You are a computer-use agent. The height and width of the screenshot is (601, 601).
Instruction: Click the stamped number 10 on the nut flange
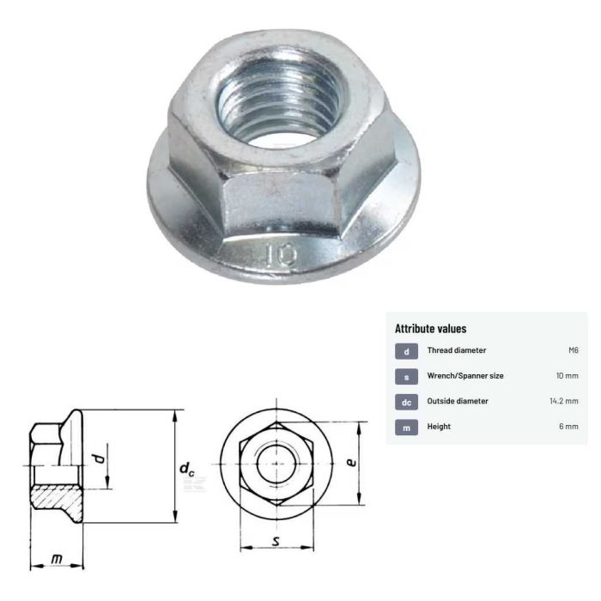(282, 254)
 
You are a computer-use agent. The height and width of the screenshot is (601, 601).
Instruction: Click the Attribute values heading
(430, 329)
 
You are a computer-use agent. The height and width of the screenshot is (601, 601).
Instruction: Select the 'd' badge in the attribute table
(405, 351)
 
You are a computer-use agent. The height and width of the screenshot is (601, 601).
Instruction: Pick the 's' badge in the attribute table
(405, 376)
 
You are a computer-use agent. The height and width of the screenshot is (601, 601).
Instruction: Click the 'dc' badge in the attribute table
(405, 401)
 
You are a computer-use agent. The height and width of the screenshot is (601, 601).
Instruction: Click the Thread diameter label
(457, 351)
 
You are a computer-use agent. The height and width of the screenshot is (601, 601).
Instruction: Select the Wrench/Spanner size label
(465, 376)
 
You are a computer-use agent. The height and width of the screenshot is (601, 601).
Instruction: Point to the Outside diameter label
(458, 401)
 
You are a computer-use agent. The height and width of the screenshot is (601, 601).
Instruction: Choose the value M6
(573, 351)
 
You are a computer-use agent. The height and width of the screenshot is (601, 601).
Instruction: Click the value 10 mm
(567, 376)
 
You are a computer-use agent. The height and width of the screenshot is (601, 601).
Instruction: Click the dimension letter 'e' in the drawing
(351, 462)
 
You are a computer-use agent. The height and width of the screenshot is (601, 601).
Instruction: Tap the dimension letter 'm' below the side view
(57, 559)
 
